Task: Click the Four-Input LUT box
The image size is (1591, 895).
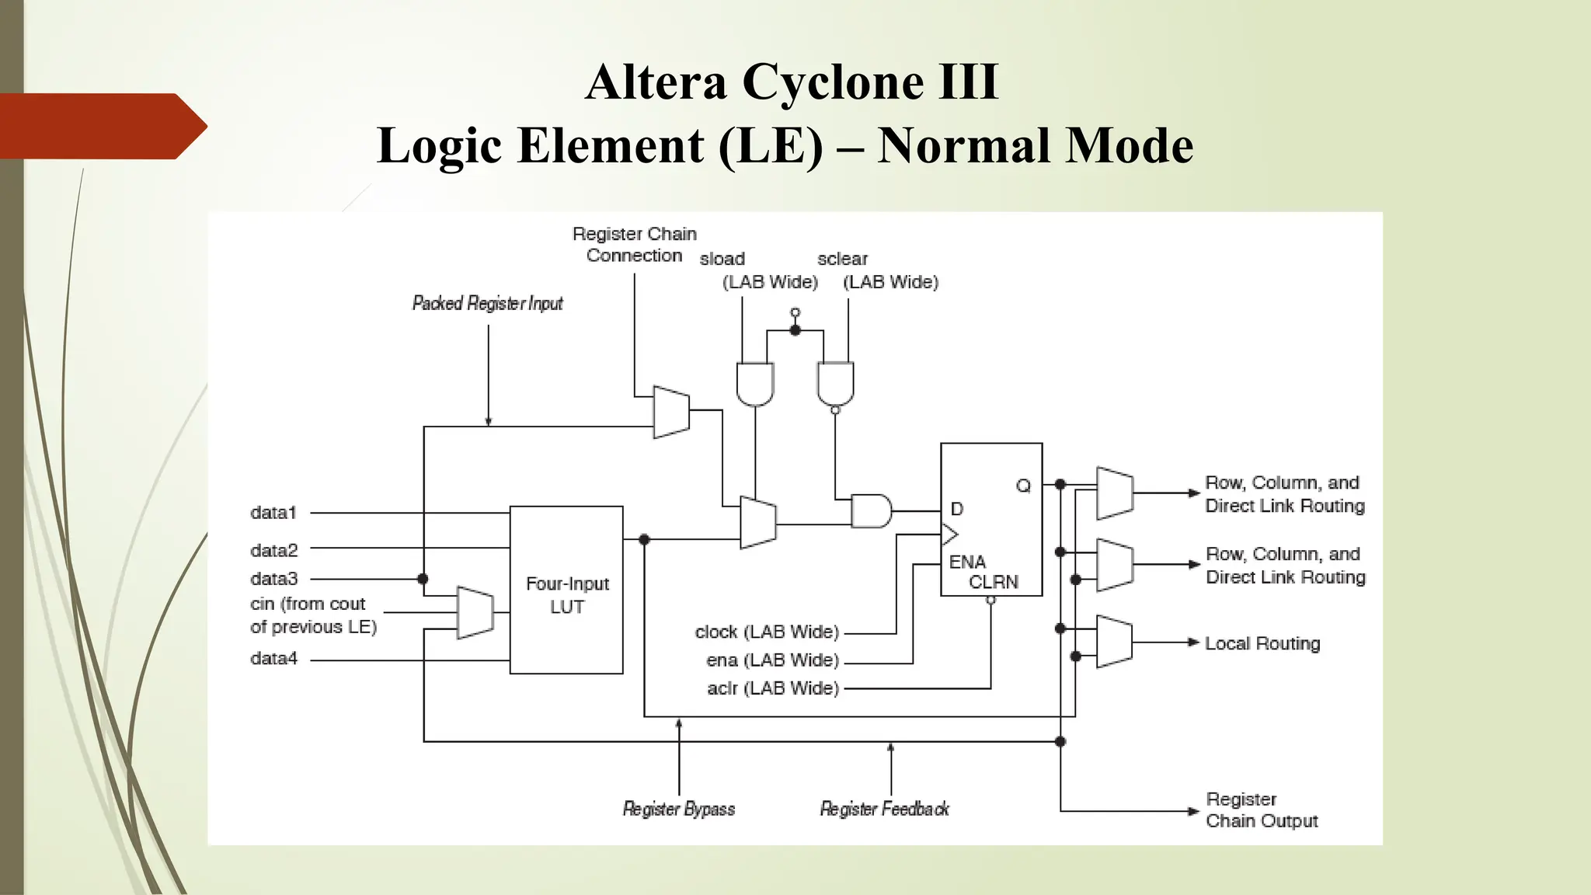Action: pyautogui.click(x=566, y=590)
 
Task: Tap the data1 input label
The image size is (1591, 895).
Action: pyautogui.click(x=273, y=513)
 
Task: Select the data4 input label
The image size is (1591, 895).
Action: pyautogui.click(x=273, y=659)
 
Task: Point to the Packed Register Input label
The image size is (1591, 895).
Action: pyautogui.click(x=487, y=303)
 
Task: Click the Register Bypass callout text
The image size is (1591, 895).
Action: pyautogui.click(x=678, y=809)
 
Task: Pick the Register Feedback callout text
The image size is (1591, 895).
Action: pyautogui.click(x=884, y=809)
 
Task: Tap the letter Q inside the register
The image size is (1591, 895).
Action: pyautogui.click(x=1023, y=486)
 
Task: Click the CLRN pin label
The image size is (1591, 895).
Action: pyautogui.click(x=993, y=582)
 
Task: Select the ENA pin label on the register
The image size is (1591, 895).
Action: pyautogui.click(x=967, y=561)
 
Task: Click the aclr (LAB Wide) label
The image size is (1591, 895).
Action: pyautogui.click(x=773, y=688)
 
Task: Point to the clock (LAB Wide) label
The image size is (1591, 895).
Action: pyautogui.click(x=767, y=632)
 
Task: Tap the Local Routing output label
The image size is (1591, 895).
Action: pyautogui.click(x=1262, y=643)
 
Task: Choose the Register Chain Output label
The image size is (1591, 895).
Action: pyautogui.click(x=1261, y=810)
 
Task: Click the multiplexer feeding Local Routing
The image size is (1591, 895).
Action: pyautogui.click(x=1114, y=642)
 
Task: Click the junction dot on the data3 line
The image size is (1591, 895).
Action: pyautogui.click(x=423, y=579)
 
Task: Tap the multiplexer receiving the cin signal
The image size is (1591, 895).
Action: pyautogui.click(x=475, y=613)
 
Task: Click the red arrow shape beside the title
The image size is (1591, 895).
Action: pyautogui.click(x=101, y=126)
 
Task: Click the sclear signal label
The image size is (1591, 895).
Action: pyautogui.click(x=842, y=259)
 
